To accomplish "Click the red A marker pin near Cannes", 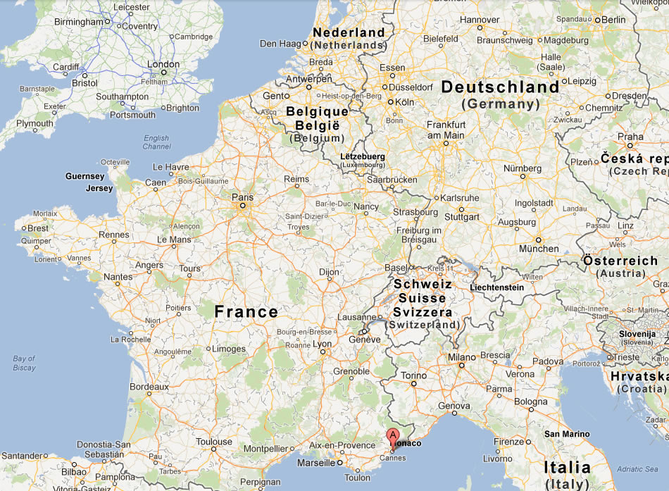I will [x=393, y=436].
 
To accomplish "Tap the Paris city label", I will [x=242, y=197].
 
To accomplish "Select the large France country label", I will [x=246, y=311].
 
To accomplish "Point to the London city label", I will [x=163, y=64].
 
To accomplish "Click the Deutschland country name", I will [x=500, y=87].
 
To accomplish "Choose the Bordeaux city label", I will [x=149, y=386].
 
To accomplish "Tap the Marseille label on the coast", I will [x=316, y=463].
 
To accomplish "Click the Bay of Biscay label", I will [x=24, y=363].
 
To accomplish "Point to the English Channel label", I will [x=156, y=142].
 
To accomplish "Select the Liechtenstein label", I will [x=497, y=287].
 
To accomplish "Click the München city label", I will [x=539, y=248].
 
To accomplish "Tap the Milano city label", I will [x=462, y=357].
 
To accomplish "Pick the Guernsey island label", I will [x=85, y=176].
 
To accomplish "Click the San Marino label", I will [x=566, y=434].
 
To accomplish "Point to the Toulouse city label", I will [x=214, y=442].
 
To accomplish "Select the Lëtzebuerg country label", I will [x=363, y=156].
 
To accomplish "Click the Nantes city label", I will [x=118, y=277].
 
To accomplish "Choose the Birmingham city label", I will [x=79, y=22].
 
